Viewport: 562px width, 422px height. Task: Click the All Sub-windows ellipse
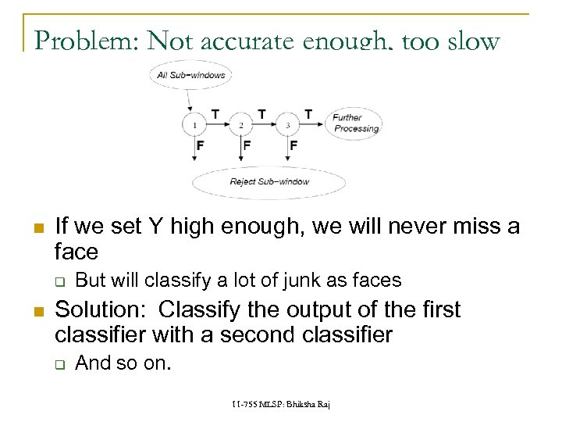click(191, 76)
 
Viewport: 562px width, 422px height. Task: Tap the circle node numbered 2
click(241, 124)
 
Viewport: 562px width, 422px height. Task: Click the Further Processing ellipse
click(355, 123)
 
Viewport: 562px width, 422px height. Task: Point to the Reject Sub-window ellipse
click(269, 182)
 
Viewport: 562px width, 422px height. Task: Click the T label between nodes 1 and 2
click(215, 114)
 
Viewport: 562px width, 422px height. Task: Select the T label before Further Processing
click(308, 114)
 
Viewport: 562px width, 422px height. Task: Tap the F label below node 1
click(201, 145)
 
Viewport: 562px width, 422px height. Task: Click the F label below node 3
click(293, 145)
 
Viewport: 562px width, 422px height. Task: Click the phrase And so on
click(122, 363)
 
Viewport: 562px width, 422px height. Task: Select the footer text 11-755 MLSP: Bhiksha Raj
click(281, 405)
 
